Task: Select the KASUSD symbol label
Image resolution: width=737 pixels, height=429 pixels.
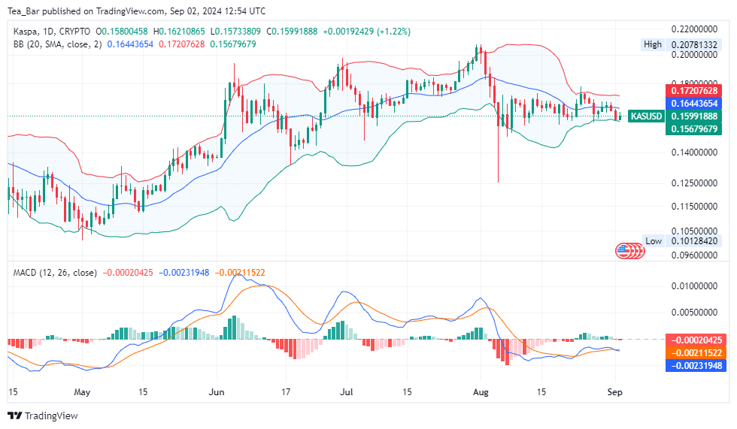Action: click(646, 116)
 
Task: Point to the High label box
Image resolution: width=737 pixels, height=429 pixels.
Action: click(653, 44)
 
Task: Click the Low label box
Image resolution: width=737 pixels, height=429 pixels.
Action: click(654, 241)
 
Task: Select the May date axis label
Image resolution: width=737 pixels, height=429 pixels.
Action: click(82, 392)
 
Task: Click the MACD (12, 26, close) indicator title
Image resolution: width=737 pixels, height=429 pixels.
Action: click(55, 272)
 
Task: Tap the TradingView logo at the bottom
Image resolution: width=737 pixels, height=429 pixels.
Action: click(43, 415)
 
